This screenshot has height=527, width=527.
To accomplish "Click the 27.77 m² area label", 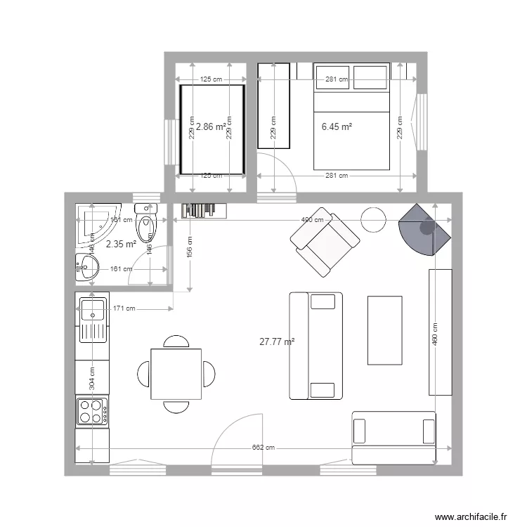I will click(277, 342).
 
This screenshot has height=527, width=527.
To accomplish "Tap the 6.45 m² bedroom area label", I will click(337, 127).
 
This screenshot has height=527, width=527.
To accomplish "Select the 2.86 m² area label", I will click(211, 127).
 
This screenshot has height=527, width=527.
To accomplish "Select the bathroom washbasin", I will click(86, 266).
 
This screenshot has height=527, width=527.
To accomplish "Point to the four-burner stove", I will click(92, 411).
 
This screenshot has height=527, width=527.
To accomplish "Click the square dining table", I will click(176, 373).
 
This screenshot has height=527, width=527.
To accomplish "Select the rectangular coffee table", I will click(385, 330).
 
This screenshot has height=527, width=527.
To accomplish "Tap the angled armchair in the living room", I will click(325, 241).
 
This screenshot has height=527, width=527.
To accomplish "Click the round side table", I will click(374, 220).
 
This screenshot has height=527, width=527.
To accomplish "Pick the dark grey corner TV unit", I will click(423, 229).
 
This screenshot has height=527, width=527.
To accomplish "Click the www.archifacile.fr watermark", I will click(471, 516).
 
